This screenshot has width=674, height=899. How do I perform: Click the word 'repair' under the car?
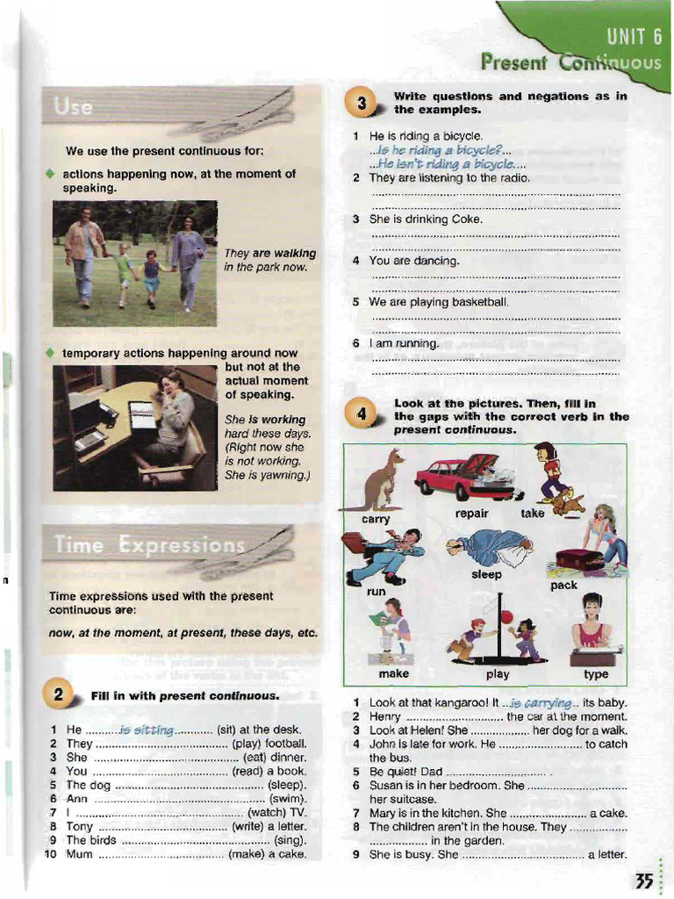point(471,514)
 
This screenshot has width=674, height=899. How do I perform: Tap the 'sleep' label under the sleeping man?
point(486,575)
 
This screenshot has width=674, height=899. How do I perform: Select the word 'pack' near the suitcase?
point(563,585)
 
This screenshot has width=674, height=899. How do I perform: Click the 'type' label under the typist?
point(596,674)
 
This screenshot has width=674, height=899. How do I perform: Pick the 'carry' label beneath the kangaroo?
point(376,520)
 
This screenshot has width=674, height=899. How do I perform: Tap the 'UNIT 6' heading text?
point(633,38)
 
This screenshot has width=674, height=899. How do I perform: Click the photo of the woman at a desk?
point(134,428)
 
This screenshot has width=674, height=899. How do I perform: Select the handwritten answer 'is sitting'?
point(147,730)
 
